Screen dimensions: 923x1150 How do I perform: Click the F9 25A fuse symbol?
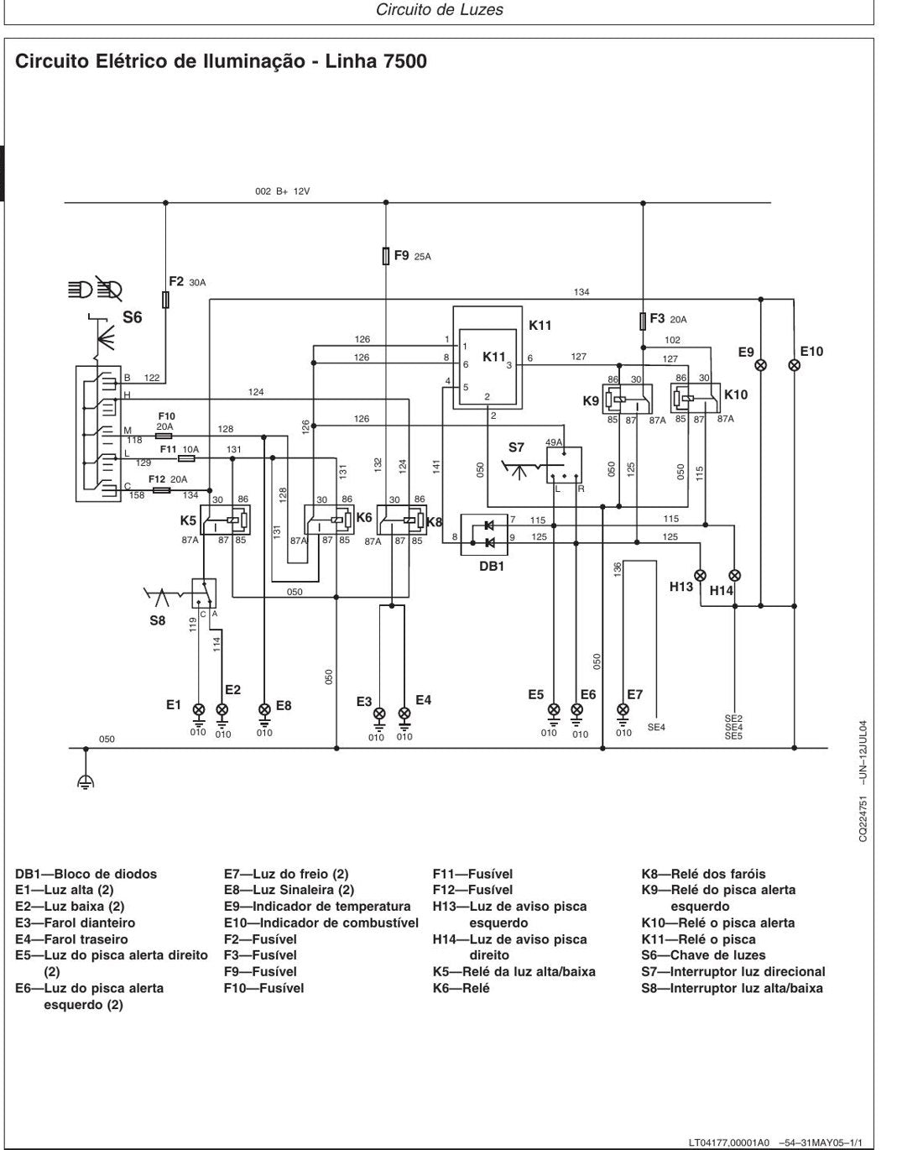coord(386,256)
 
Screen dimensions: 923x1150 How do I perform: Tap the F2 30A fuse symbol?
coord(165,300)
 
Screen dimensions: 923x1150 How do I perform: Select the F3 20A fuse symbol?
coord(643,321)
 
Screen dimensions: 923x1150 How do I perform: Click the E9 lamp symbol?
coord(760,365)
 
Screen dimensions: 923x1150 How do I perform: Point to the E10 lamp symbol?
coord(795,365)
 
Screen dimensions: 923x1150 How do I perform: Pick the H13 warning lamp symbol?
coord(700,575)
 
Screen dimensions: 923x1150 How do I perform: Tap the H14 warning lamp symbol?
coord(735,575)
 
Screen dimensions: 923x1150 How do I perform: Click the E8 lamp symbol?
coord(264,709)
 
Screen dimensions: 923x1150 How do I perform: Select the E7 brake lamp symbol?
coord(623,709)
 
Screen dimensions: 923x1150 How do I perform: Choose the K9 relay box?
coord(628,399)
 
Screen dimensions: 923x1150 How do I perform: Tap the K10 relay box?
coord(696,398)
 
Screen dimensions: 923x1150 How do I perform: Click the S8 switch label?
coord(158,620)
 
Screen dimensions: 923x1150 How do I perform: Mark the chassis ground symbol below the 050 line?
coord(86,781)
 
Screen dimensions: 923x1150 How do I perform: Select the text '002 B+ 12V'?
coord(282,191)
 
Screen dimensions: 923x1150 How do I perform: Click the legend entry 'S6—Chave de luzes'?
coord(703,955)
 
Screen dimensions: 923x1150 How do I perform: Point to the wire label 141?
coord(436,467)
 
